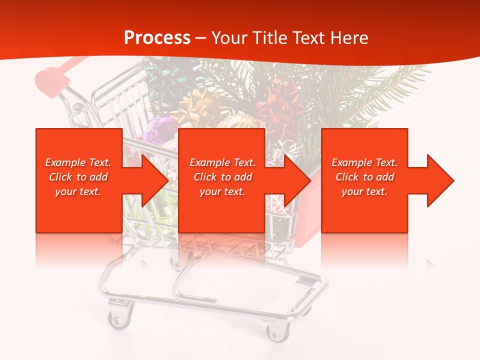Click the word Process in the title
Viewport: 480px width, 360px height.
click(x=157, y=38)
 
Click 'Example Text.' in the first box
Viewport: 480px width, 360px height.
click(x=78, y=162)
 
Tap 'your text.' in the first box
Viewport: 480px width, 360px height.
click(x=78, y=191)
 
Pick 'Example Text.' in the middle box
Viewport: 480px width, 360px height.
click(x=222, y=162)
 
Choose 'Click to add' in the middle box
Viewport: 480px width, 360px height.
click(x=222, y=177)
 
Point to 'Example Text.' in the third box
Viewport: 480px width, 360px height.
click(x=364, y=162)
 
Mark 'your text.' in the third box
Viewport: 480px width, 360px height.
click(x=364, y=191)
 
